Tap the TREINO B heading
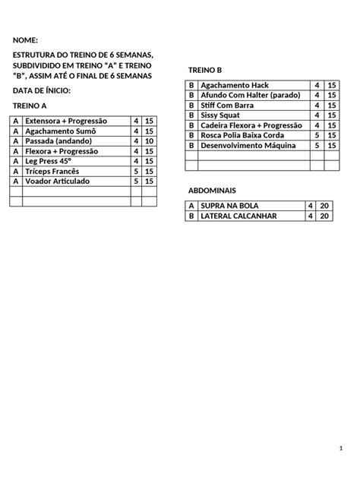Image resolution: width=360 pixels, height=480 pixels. click(204, 70)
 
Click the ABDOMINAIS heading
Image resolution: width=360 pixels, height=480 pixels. click(212, 190)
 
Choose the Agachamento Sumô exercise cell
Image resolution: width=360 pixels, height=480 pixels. click(63, 131)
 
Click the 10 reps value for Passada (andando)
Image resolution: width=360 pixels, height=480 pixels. click(149, 141)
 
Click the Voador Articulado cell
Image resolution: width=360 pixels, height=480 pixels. click(57, 182)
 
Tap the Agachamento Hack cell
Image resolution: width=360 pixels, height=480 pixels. click(235, 86)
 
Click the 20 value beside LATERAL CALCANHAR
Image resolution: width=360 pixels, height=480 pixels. click(325, 216)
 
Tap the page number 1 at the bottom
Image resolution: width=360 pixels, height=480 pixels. click(343, 451)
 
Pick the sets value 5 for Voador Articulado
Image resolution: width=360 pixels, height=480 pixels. click(136, 182)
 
